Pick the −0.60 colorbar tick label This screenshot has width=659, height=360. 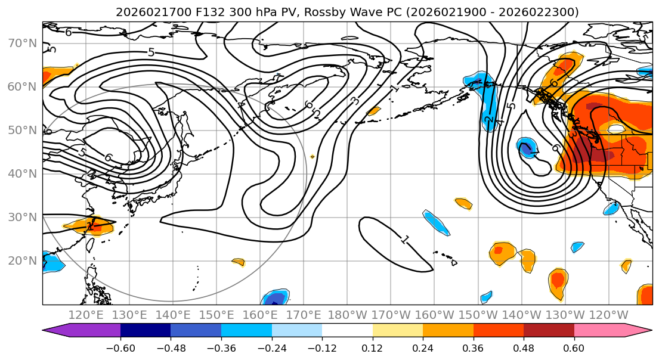tap(120, 347)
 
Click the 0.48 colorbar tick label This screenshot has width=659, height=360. tap(524, 347)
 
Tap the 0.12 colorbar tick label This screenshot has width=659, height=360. tap(373, 347)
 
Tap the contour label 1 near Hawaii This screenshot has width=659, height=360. tap(405, 240)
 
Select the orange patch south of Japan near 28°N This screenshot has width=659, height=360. tap(88, 225)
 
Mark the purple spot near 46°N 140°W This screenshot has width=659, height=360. tap(526, 147)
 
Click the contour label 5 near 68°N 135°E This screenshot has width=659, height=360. tap(151, 52)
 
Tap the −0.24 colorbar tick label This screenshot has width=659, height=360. tap(272, 347)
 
